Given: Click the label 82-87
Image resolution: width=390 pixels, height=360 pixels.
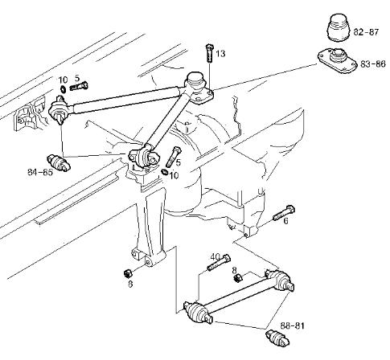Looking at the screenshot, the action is point(366,32).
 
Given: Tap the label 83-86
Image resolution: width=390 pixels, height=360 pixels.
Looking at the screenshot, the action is point(373,64).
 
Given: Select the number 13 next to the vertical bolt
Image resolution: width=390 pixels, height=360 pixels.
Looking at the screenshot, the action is point(220,54).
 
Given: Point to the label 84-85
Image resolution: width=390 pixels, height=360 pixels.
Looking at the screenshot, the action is point(40,172).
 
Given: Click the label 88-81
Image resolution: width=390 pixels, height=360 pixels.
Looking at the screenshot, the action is point(293,326).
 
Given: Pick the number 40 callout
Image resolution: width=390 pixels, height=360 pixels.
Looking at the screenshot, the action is point(216,257).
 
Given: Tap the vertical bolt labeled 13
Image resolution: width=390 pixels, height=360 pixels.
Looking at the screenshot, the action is point(209,54).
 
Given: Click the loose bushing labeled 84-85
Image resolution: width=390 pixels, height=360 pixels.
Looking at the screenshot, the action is point(59,163).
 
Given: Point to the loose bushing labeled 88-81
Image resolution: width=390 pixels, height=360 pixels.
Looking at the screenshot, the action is point(277,337).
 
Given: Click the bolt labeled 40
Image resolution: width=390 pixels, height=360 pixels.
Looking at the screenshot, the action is point(219,263).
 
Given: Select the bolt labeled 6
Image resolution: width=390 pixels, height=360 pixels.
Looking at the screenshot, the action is point(284,212).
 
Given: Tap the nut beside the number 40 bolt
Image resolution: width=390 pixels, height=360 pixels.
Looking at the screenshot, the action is point(238,278).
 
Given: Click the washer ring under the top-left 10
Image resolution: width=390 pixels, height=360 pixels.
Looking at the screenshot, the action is point(64,89).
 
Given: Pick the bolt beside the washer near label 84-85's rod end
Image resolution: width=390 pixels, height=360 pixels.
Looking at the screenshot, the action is point(79,86).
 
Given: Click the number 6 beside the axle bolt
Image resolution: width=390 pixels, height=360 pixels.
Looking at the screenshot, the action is point(285,221).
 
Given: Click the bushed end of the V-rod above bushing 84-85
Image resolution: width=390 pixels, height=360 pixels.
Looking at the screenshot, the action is point(59,110).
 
